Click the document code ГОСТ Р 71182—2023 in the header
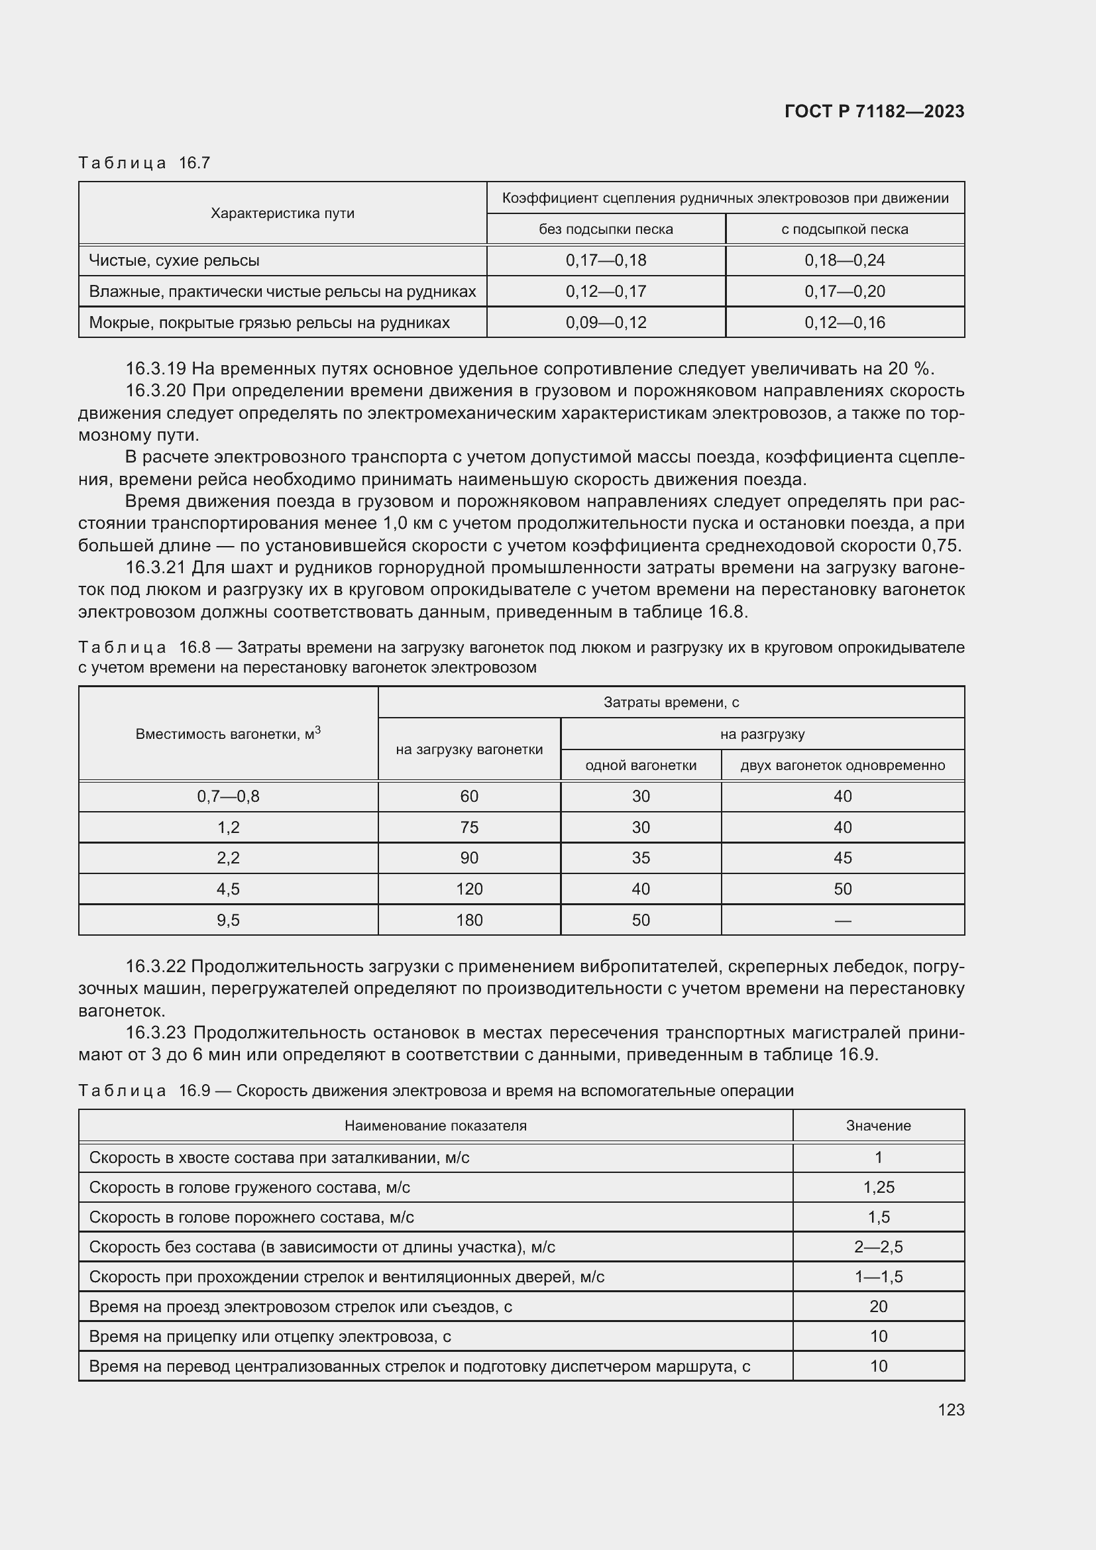[x=874, y=111]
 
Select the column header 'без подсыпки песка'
[x=606, y=229]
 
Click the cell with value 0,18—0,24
[x=844, y=260]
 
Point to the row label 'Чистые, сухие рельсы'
[x=174, y=260]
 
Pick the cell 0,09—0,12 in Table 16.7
[x=606, y=323]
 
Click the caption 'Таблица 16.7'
[x=144, y=163]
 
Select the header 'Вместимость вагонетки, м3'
[x=227, y=734]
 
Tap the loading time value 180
[x=469, y=920]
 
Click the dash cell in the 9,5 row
[x=842, y=920]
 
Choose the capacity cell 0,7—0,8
[x=227, y=796]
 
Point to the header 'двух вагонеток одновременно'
[x=842, y=765]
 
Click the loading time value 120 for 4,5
[x=469, y=889]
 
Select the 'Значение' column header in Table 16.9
[x=878, y=1125]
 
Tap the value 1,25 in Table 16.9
[x=878, y=1187]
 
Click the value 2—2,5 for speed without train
[x=878, y=1247]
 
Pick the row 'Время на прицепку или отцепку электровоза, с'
[x=270, y=1336]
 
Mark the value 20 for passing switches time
[x=878, y=1306]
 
